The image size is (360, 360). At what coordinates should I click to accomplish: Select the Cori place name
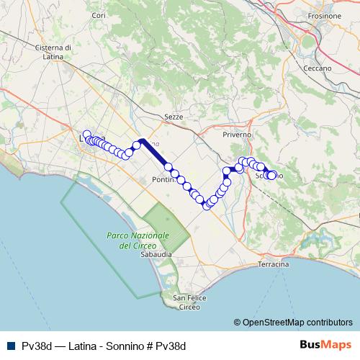point(99,15)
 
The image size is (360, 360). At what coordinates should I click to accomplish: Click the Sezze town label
point(174,116)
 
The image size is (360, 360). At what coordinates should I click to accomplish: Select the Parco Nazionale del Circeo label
point(138,240)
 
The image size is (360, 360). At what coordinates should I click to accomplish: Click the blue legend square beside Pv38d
point(10,346)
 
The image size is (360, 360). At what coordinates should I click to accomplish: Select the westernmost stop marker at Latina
point(87,134)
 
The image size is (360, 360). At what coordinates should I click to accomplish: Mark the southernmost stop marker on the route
point(207,206)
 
